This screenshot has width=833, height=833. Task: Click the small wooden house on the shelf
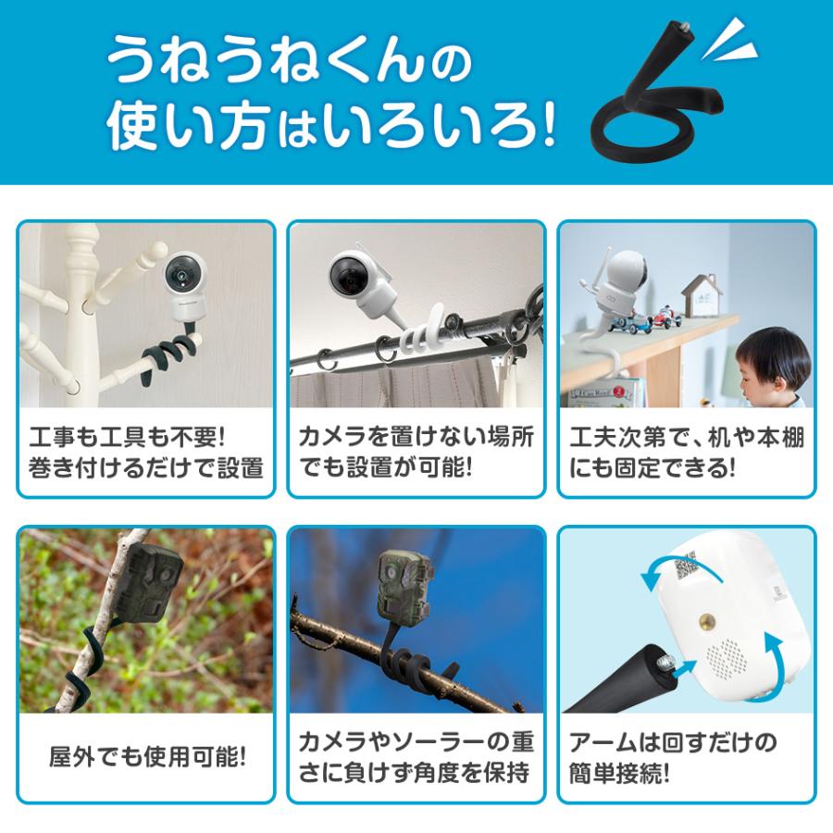pyautogui.click(x=702, y=293)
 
